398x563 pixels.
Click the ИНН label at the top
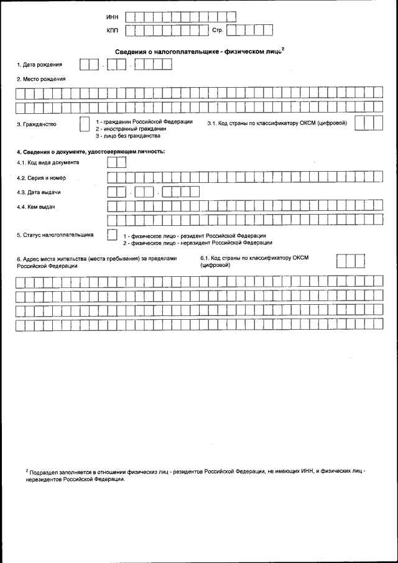[x=112, y=16]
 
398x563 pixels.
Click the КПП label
[x=112, y=29]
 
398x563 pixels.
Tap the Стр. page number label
[x=217, y=29]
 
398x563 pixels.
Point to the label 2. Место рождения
[x=41, y=79]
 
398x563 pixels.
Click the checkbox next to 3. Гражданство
[x=85, y=124]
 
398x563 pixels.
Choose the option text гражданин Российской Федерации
[x=147, y=121]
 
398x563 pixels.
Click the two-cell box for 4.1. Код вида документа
[x=117, y=162]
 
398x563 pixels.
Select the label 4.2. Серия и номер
[x=41, y=178]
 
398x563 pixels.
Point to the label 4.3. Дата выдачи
[x=39, y=192]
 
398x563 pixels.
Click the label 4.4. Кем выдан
[x=37, y=207]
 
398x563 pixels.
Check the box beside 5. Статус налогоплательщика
[x=112, y=235]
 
